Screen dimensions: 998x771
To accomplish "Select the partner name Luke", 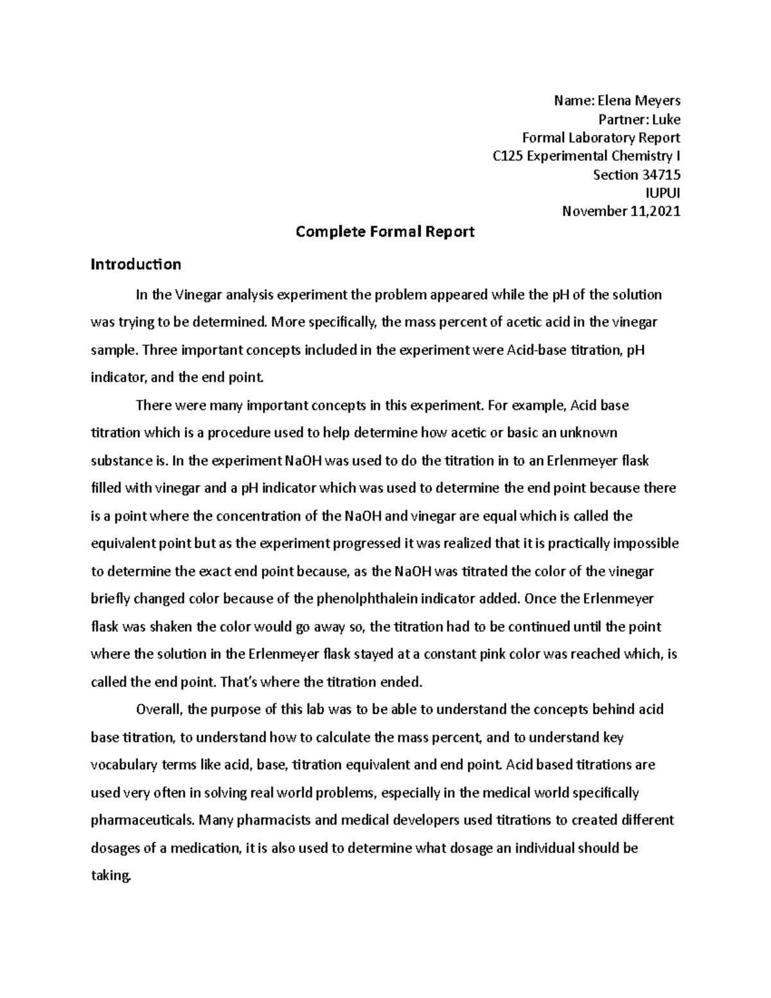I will click(x=667, y=120).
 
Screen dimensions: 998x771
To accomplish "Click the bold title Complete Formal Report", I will click(x=385, y=232).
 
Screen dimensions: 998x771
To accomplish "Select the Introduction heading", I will click(x=136, y=264).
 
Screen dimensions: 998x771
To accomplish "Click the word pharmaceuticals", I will click(x=143, y=821).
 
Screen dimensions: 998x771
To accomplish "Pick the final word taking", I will click(x=111, y=876).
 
